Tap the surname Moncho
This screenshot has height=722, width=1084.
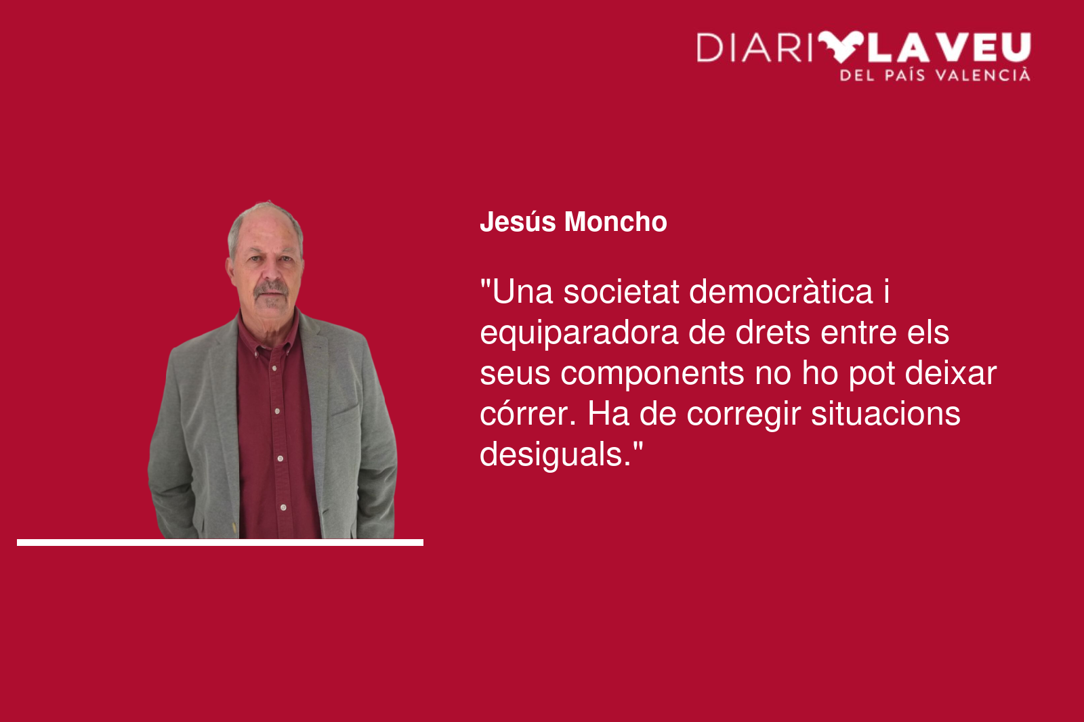coord(616,222)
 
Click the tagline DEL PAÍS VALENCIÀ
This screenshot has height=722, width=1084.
coord(935,75)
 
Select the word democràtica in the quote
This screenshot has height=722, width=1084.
coord(780,292)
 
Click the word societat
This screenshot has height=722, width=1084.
coord(621,292)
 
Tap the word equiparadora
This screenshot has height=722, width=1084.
coord(579,334)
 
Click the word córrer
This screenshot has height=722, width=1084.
coord(528,414)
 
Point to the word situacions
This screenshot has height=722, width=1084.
coord(885,414)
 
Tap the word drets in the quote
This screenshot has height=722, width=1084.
coord(773,333)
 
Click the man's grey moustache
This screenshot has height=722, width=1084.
coord(272,289)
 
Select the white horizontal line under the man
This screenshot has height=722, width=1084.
coord(220,543)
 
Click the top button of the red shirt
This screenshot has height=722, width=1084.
coord(274,368)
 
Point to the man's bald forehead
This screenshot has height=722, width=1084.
coord(267,232)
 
